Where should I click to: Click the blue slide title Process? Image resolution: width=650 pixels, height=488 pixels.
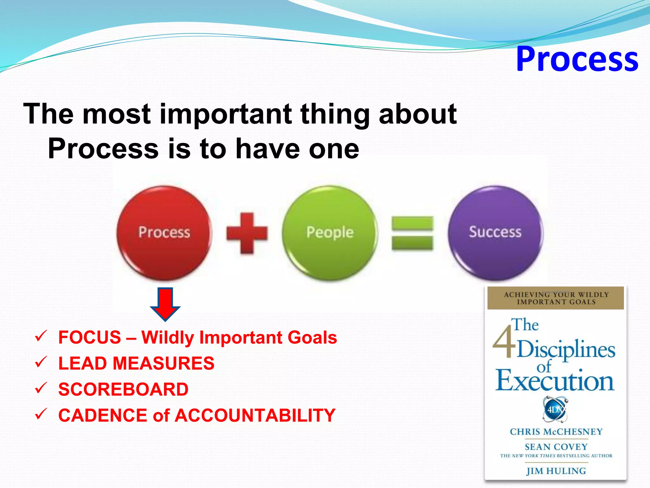577,59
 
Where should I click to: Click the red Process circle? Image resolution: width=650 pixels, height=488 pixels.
164,233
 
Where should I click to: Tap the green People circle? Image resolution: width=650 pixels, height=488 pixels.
330,233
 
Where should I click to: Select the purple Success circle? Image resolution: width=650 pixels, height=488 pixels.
495,233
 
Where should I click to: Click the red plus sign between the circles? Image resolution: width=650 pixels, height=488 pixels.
247,233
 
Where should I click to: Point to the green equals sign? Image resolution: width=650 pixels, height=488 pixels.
412,233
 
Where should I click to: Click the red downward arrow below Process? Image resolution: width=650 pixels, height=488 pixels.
165,304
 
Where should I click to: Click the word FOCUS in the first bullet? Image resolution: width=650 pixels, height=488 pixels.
90,337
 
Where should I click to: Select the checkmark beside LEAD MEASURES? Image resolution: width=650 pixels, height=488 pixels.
41,362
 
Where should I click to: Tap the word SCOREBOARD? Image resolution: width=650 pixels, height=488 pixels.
123,390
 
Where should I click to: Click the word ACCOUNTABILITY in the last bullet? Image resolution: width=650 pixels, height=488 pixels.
255,416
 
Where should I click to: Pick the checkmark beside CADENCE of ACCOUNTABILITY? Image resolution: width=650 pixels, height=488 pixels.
41,414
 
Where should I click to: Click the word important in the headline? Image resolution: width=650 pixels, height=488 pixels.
226,114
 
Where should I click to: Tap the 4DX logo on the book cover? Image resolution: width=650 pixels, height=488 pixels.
555,409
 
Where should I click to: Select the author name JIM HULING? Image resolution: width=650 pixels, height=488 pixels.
556,471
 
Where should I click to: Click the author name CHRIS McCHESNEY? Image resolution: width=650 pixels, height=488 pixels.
556,432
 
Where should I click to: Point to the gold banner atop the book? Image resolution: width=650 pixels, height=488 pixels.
555,298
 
